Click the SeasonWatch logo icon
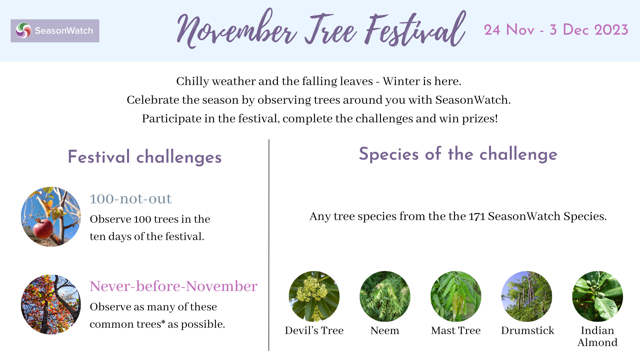pos(24,31)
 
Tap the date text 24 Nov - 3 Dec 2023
pos(556,30)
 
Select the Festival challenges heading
pos(145,157)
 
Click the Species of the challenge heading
pos(458,154)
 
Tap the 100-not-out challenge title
pos(130,199)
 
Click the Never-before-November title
pos(173,286)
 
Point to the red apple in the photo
pos(43,229)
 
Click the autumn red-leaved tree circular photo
pos(51,304)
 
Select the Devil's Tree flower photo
pos(314,296)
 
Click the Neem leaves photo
pos(385,296)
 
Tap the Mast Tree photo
pos(456,296)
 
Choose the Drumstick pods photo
pos(527,296)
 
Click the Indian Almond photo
pos(597,296)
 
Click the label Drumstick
pos(527,330)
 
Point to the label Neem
pos(385,330)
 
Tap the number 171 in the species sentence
pos(477,216)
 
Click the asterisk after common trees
pos(163,322)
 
